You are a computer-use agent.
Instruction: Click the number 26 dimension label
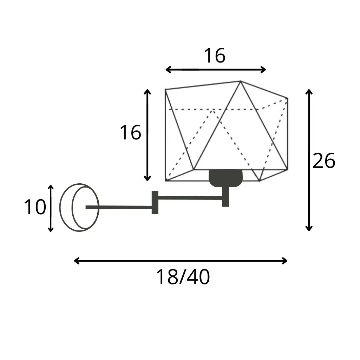pos(324,161)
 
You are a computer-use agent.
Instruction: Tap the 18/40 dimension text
pos(183,277)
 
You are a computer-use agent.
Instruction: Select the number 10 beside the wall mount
pos(35,207)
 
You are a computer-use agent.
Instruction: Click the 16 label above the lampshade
pos(215,55)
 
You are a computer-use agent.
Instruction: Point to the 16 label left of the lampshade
pos(130,132)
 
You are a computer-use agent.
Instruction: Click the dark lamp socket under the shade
pos(225,178)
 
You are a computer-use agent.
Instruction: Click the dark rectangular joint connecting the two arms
pos(155,202)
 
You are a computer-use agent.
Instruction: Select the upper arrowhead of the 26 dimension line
pos(309,92)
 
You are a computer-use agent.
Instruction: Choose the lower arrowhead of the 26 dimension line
pos(309,228)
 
